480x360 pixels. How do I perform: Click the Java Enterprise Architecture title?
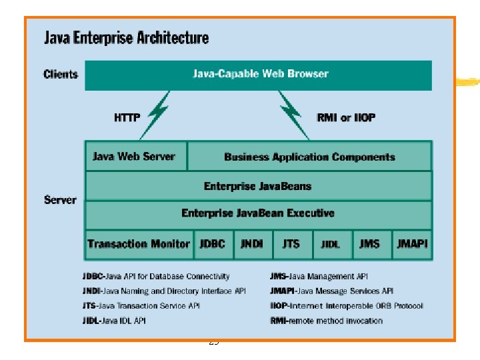[126, 37]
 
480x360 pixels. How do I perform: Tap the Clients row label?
[61, 74]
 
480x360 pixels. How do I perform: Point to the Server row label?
[60, 199]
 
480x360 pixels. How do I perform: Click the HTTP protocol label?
[127, 117]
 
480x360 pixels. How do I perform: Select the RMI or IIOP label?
[345, 117]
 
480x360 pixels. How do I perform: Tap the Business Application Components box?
[309, 157]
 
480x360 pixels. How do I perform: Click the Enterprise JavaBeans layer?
[258, 186]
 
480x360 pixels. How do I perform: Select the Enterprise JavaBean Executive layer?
[258, 213]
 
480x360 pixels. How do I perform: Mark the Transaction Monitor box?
[139, 244]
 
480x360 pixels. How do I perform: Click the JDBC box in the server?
[213, 244]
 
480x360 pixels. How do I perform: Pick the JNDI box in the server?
[252, 244]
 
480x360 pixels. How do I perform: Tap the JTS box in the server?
[291, 244]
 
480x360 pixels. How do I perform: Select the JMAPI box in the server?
[411, 244]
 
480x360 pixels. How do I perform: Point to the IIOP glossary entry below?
[346, 306]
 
